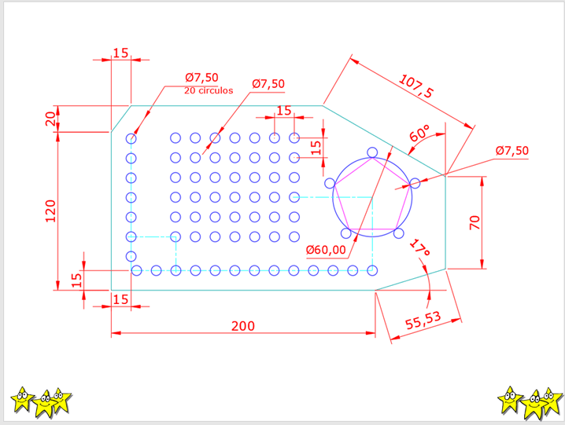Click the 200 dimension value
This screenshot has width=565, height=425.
pyautogui.click(x=242, y=325)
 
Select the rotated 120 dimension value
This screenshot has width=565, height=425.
pyautogui.click(x=51, y=211)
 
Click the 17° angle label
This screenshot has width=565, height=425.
pyautogui.click(x=420, y=249)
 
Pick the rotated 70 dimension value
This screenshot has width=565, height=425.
pyautogui.click(x=474, y=222)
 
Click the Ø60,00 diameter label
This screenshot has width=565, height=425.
pyautogui.click(x=326, y=250)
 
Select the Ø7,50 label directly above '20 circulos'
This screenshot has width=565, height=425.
pyautogui.click(x=202, y=77)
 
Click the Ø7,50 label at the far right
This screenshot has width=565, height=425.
pyautogui.click(x=512, y=151)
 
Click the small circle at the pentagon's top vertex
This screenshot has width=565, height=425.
pyautogui.click(x=372, y=152)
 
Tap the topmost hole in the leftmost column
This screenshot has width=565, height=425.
pyautogui.click(x=131, y=138)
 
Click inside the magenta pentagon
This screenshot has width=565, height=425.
pyautogui.click(x=371, y=200)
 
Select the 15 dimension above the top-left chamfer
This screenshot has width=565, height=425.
pyautogui.click(x=120, y=53)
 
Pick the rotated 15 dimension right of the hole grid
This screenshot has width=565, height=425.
pyautogui.click(x=316, y=146)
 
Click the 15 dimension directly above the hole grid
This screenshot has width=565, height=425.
pyautogui.click(x=283, y=110)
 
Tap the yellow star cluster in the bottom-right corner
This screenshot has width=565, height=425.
pyautogui.click(x=530, y=401)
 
